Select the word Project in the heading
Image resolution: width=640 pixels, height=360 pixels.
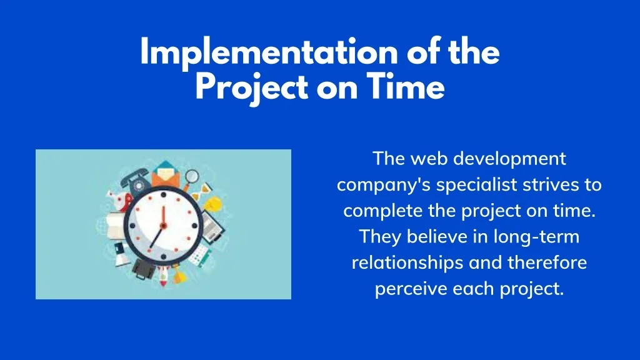252,89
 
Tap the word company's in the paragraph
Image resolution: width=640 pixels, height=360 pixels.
384,186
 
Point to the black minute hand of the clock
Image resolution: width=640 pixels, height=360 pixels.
156,237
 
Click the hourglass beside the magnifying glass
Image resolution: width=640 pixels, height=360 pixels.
205,189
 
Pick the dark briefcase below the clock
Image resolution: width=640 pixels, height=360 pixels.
144,268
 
